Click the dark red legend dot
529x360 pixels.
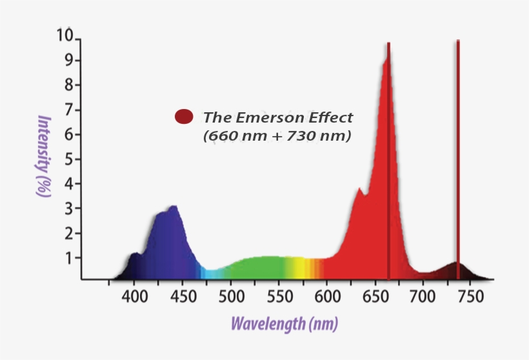tap(184, 116)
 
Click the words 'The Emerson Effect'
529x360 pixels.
tap(278, 117)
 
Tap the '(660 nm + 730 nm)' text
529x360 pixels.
tap(277, 136)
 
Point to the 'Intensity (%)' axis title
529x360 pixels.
tap(44, 156)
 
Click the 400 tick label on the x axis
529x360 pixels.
tap(134, 297)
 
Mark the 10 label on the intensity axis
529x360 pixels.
tap(65, 35)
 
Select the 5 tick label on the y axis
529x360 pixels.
tap(70, 159)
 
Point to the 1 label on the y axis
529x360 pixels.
tap(70, 258)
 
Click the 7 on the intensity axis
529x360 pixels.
tap(70, 110)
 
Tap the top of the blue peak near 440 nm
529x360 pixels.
tap(172, 207)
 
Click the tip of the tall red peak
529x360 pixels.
tap(388, 45)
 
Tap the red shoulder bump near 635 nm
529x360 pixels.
tap(360, 190)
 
